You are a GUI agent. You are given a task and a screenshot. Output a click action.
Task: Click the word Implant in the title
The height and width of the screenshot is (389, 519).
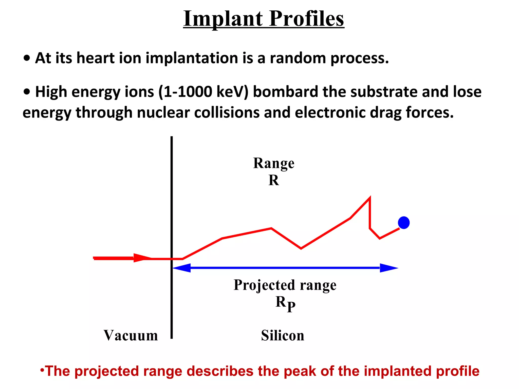223,19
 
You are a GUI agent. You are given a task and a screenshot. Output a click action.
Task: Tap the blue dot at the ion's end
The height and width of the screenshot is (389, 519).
404,223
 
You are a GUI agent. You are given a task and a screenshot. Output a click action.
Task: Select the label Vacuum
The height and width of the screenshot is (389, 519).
131,336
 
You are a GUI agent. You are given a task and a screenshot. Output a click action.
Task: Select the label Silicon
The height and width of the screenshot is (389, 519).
283,336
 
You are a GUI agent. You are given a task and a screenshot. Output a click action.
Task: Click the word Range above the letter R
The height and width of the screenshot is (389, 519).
274,163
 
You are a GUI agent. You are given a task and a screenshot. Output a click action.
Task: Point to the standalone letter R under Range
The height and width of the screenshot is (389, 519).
274,180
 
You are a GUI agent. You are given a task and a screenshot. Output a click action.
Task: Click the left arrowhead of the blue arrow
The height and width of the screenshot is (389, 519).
182,268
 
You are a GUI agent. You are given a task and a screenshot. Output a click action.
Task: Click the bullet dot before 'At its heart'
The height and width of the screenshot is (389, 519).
27,58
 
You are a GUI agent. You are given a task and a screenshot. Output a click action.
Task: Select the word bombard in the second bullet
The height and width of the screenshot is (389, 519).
285,92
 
